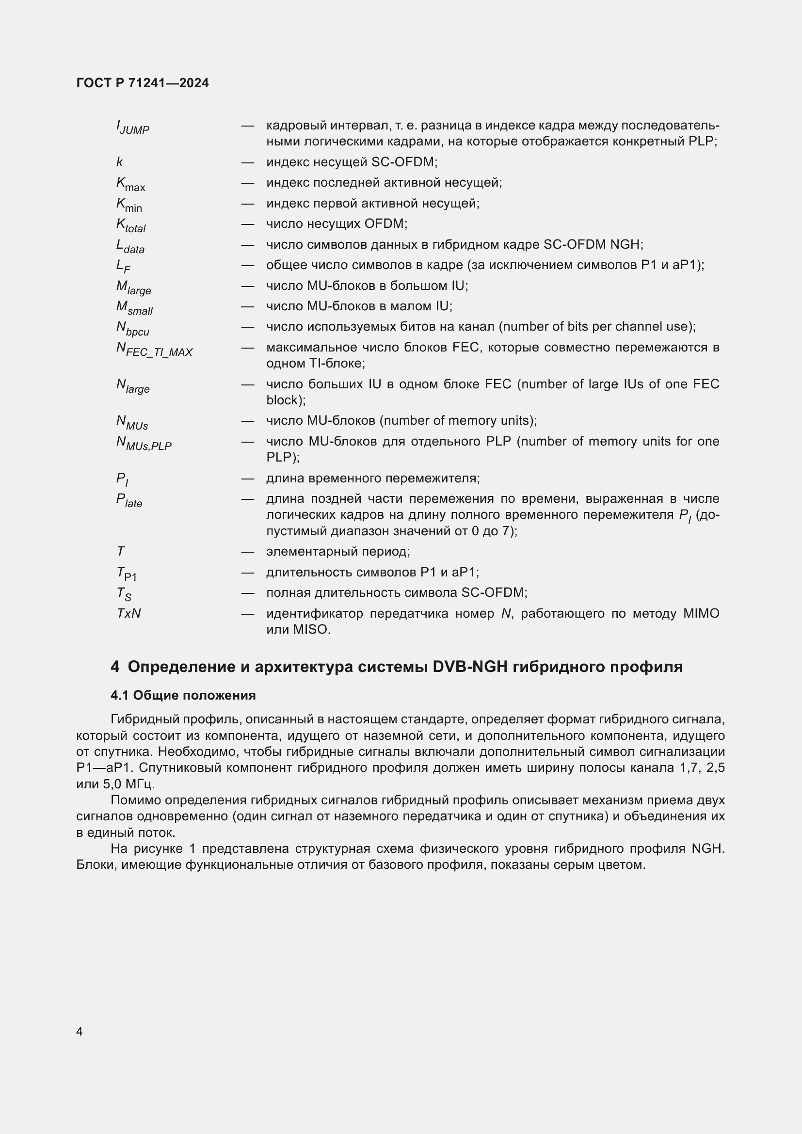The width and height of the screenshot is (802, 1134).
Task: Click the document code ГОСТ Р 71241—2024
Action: [x=142, y=83]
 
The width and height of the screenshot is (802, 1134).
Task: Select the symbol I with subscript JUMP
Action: [x=132, y=128]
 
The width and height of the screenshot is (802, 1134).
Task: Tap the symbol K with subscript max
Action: [x=130, y=184]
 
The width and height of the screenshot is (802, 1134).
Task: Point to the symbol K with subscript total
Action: [x=130, y=225]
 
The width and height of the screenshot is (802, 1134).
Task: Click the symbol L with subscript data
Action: [x=130, y=246]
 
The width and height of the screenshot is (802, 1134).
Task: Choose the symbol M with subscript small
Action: [x=134, y=308]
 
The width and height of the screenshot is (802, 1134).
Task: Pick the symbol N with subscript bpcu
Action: [x=132, y=328]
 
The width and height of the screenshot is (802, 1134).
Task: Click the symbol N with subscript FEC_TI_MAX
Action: [x=154, y=349]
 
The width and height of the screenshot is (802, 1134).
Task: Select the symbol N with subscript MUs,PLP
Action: [x=144, y=443]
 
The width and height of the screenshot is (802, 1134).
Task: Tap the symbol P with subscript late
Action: [x=129, y=500]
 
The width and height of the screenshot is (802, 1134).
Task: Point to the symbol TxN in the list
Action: [x=128, y=613]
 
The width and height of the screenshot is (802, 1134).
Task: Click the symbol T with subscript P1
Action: [x=127, y=574]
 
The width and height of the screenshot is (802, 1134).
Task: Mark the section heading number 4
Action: [x=114, y=667]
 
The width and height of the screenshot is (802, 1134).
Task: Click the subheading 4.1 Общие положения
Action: [x=183, y=695]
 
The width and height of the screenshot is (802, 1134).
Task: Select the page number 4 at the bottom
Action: [x=80, y=1031]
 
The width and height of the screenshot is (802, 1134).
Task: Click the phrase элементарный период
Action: [x=338, y=551]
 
